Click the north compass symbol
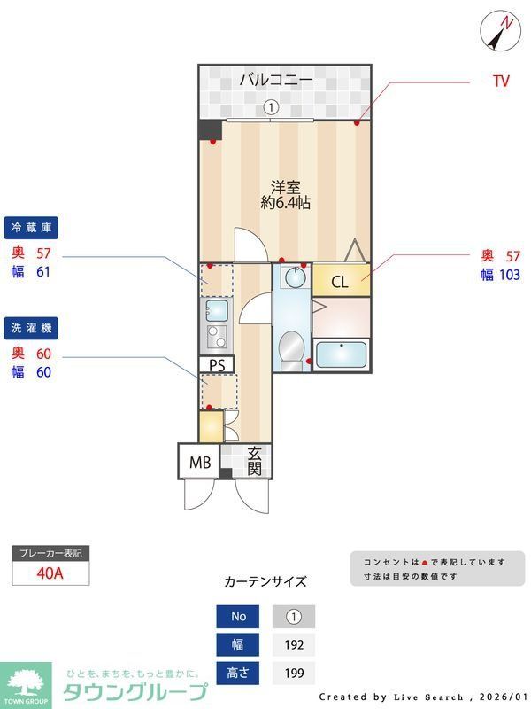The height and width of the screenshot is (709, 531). pos(502,32)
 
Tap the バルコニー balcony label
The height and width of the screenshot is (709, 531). pos(275,80)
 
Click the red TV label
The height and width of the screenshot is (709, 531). pos(501,82)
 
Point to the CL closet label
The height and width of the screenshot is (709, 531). pos(340,283)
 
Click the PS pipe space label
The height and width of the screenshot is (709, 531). pos(217,364)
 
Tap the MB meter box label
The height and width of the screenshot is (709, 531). pos(199,461)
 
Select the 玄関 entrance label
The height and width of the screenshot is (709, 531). pos(254,461)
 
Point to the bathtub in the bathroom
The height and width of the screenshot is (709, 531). pos(342,354)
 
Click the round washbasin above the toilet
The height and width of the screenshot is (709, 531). pos(293,278)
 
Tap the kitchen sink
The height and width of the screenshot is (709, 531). pos(216,309)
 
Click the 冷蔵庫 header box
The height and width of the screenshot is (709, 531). pos(31,228)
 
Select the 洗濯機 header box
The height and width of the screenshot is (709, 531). pos(31,328)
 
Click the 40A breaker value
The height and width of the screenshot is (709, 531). pos(50,573)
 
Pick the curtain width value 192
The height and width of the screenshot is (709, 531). pos(293,644)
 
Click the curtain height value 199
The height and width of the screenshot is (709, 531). pos(293,674)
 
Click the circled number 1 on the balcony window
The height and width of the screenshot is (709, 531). pos(272,107)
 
